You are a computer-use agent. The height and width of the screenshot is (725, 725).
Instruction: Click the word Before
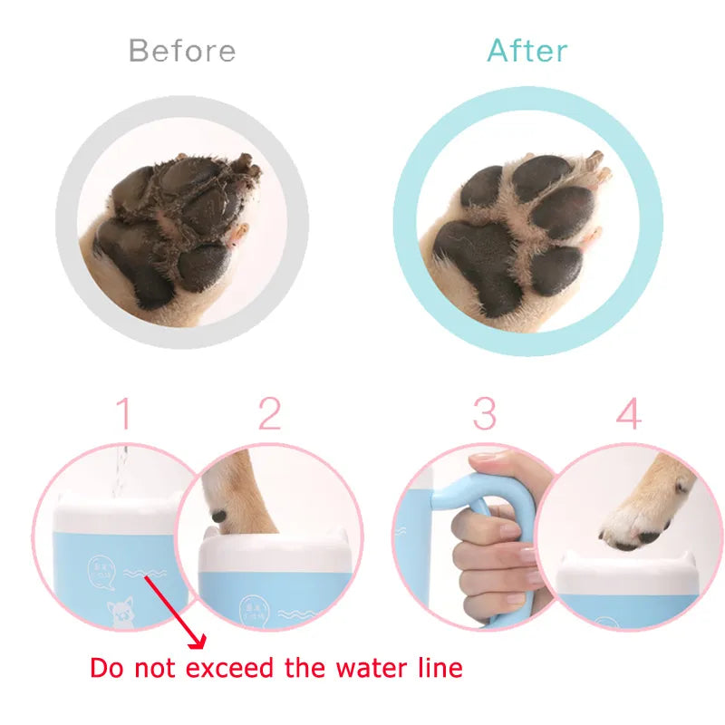coord(182,50)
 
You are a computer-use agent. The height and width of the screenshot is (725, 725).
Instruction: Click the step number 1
coord(125,414)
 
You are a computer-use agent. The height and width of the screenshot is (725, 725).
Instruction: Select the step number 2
coord(269,414)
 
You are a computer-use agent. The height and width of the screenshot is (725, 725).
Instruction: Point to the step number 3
coord(485,414)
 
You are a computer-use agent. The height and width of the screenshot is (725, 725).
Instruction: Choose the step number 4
coord(628,414)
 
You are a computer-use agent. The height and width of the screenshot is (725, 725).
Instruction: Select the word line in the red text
coord(435,669)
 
